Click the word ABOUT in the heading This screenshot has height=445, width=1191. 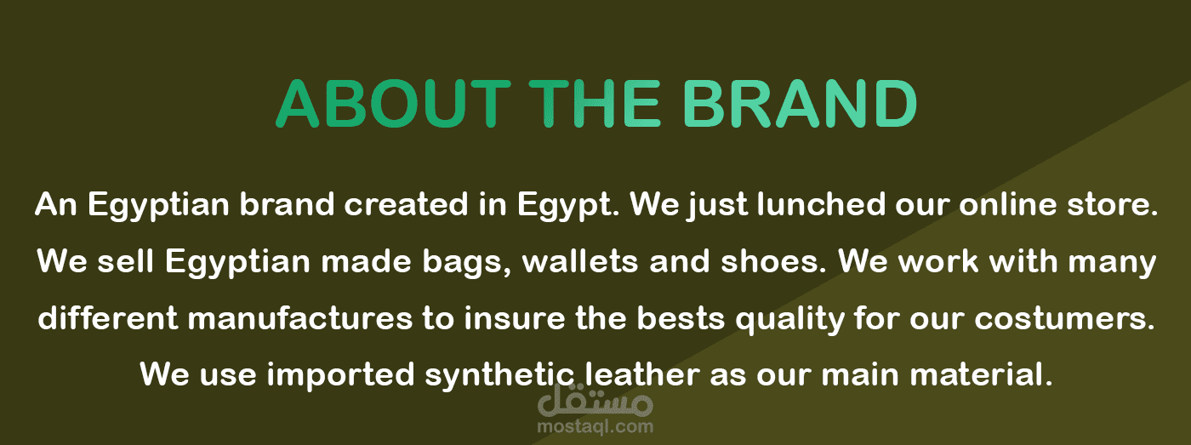[393, 104]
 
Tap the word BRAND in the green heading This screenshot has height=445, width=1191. [801, 104]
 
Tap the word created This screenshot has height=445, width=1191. [407, 204]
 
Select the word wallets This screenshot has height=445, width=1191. [580, 261]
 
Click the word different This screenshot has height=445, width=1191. [108, 318]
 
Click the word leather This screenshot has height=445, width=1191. [642, 374]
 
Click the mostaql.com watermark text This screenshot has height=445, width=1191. [595, 426]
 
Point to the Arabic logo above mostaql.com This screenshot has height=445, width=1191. [595, 401]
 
